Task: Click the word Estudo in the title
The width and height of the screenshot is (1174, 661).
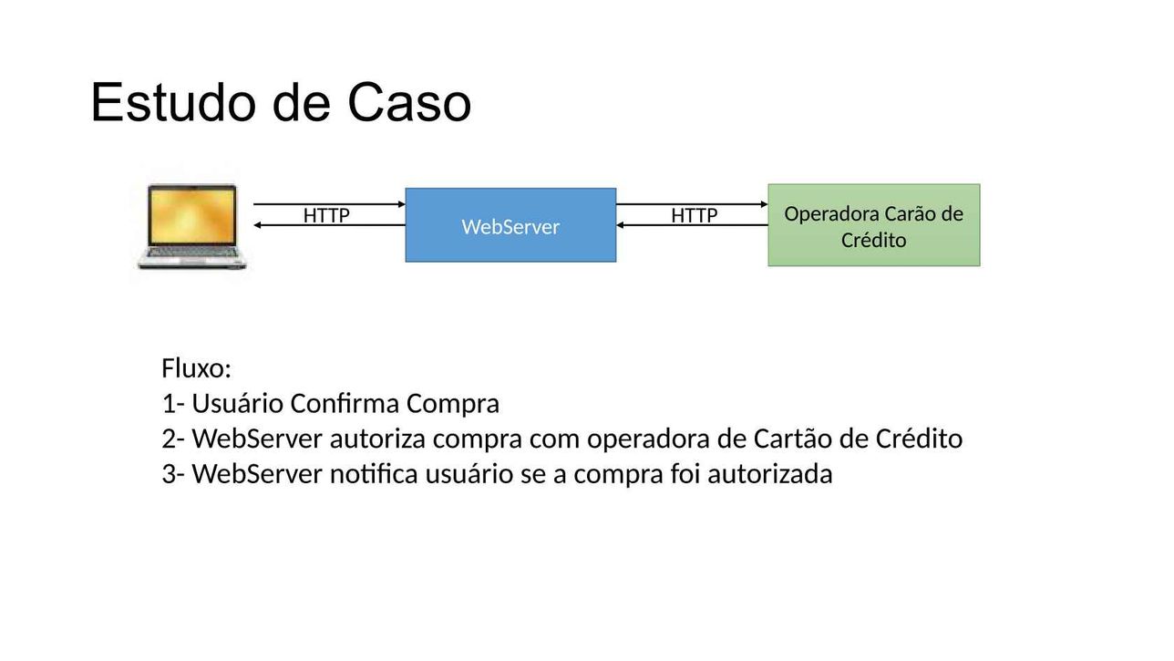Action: point(173,102)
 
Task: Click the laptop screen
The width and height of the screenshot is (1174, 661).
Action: point(191,216)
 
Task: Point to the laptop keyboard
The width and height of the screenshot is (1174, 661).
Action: point(192,253)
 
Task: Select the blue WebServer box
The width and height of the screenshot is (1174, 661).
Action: point(510,225)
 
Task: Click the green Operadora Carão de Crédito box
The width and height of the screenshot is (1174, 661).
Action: point(874,225)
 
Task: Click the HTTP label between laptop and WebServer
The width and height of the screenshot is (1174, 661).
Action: point(326,215)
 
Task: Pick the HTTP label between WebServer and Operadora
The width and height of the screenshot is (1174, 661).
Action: point(694,215)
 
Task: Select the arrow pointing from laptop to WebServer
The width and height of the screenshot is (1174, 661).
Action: point(329,204)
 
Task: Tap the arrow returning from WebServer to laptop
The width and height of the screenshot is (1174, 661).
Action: point(329,225)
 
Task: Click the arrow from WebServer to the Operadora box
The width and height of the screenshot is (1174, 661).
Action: point(692,204)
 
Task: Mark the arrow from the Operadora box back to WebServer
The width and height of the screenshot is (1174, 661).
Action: point(692,225)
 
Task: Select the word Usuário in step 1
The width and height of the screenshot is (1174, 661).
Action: point(237,404)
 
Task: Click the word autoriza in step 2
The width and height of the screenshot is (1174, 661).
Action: point(377,439)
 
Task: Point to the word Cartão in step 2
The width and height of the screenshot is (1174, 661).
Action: point(792,439)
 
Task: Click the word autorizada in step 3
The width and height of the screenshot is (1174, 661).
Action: point(770,474)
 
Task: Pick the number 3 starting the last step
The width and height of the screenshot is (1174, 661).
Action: point(169,474)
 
